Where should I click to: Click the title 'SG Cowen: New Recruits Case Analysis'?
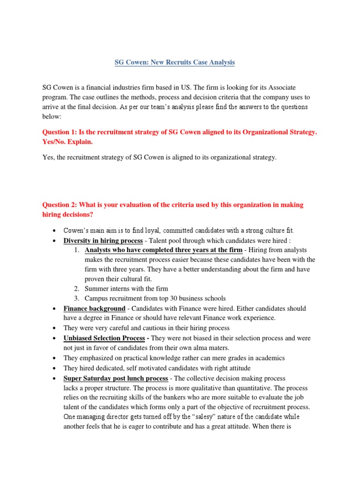175,62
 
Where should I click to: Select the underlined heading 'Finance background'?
94,308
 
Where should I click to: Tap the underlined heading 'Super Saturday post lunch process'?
116,378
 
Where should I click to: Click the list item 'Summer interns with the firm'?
126,289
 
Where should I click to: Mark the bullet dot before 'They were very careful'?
55,328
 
